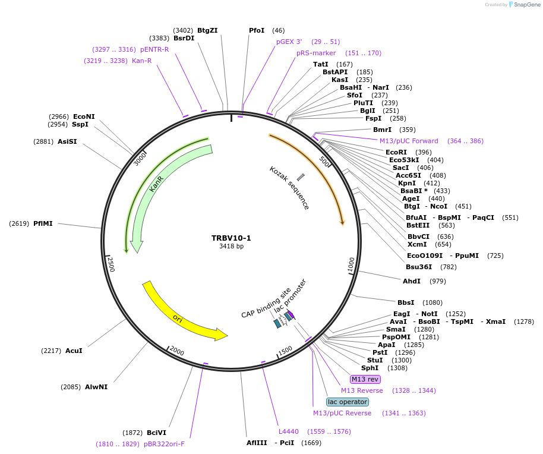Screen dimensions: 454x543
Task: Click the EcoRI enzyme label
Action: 396,152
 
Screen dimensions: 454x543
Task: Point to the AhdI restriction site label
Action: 412,281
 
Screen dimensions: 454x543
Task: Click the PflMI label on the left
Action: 43,223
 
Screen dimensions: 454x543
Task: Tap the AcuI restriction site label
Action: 74,351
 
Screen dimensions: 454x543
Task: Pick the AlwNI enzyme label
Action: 96,387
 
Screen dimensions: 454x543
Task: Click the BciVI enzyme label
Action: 156,433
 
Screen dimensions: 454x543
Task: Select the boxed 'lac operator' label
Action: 348,402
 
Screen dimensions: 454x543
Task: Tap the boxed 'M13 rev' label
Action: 365,379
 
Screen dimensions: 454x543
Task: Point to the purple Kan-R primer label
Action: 141,61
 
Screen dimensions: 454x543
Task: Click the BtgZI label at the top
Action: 207,30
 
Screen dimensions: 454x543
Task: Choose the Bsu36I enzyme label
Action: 419,267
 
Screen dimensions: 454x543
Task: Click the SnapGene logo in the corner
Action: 523,5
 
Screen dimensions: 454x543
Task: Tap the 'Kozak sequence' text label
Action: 289,188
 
